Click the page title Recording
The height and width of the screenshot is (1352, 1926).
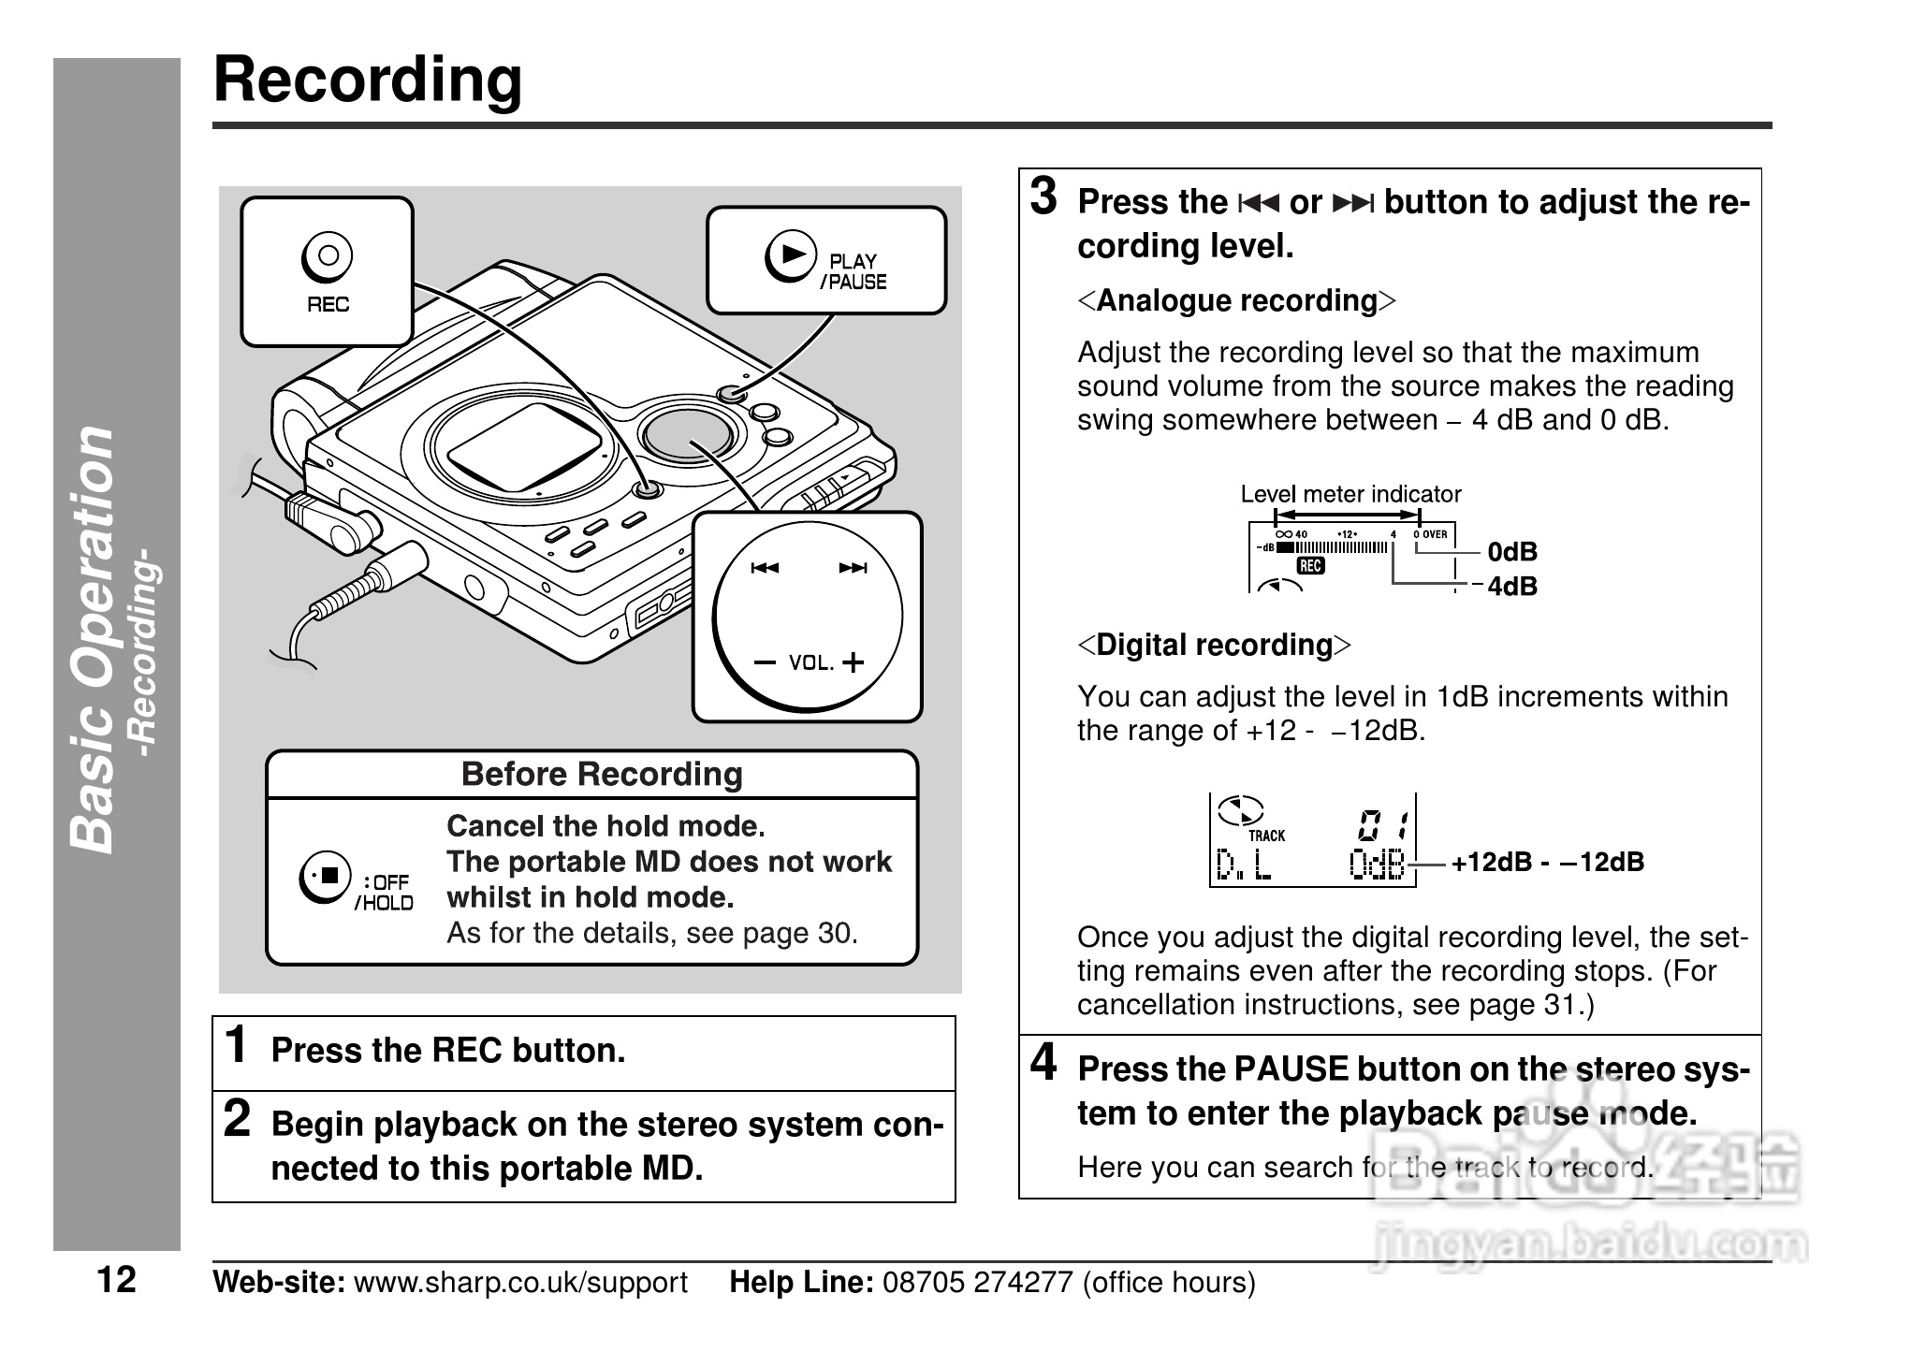coord(368,80)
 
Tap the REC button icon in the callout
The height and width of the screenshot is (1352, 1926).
coord(327,255)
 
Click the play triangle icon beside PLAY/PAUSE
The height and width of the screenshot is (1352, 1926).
coord(791,254)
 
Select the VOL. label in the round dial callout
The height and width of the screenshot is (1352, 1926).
coord(810,663)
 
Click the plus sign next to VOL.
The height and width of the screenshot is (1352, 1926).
coord(853,663)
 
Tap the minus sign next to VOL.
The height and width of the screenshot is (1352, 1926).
coord(765,663)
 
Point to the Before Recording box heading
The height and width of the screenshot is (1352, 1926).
coord(601,775)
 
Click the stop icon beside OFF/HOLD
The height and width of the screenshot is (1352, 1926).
coord(326,877)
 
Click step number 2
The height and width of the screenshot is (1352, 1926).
coord(238,1119)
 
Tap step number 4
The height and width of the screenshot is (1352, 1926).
coord(1043,1063)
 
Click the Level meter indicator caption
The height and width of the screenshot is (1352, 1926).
coord(1350,494)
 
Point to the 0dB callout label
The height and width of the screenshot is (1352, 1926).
coord(1512,552)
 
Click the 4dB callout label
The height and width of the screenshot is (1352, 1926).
coord(1512,587)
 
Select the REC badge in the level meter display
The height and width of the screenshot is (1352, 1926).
coord(1310,565)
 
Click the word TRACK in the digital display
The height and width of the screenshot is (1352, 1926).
coord(1266,836)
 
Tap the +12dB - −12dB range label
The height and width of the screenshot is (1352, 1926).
coord(1547,862)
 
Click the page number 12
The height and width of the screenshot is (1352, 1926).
coord(117,1279)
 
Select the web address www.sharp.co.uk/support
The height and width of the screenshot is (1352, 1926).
coord(520,1282)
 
